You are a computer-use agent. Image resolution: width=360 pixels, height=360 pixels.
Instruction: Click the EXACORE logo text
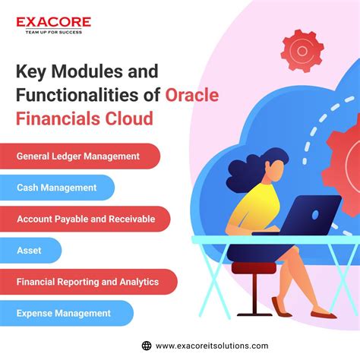54,23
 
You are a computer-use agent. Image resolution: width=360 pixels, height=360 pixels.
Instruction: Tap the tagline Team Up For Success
54,34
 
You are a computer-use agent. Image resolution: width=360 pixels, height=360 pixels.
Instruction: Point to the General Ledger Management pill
80,156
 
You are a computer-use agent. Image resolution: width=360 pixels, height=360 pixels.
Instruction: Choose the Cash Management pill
58,188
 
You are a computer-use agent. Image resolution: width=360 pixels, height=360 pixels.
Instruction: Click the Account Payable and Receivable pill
85,219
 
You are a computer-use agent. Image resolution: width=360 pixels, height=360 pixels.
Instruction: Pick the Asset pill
31,250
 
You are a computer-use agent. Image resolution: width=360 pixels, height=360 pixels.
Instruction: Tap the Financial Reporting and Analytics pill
88,282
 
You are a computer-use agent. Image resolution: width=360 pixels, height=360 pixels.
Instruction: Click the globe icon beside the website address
145,345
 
